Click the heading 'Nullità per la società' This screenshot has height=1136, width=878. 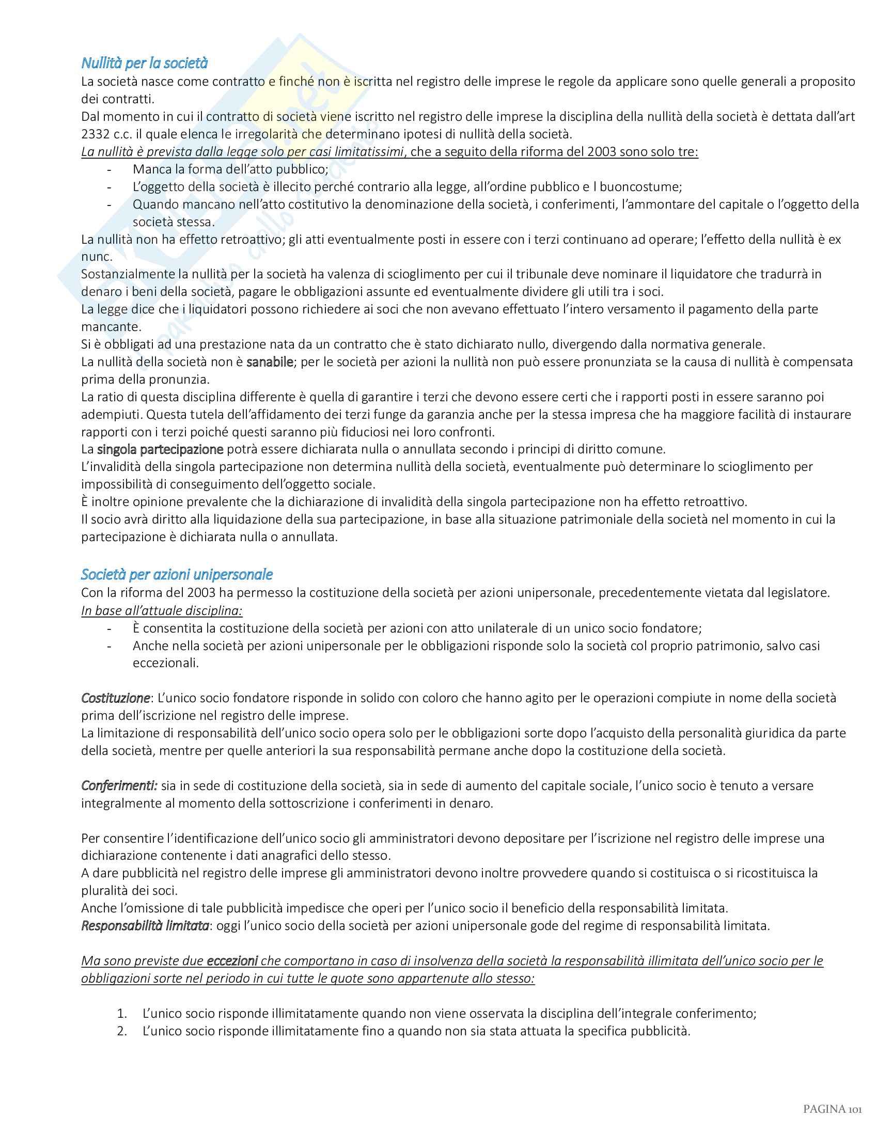[x=144, y=64]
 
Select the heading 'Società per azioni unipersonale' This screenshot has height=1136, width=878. [x=176, y=574]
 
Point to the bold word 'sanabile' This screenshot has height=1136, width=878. [x=270, y=362]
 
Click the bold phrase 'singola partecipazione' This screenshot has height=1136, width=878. [x=160, y=449]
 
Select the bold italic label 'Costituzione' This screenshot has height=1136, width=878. [x=115, y=698]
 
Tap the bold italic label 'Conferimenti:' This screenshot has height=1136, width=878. [x=119, y=785]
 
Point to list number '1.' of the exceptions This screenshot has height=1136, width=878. [x=122, y=1013]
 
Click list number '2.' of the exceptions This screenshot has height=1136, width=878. [x=122, y=1031]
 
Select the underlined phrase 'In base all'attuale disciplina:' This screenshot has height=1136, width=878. [x=162, y=611]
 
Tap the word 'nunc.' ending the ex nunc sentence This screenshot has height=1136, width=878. [x=97, y=257]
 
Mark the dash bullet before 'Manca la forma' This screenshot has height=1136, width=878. [x=109, y=169]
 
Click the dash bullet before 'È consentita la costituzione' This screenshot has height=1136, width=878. [x=109, y=628]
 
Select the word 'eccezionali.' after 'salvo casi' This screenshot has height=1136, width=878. [x=166, y=663]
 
